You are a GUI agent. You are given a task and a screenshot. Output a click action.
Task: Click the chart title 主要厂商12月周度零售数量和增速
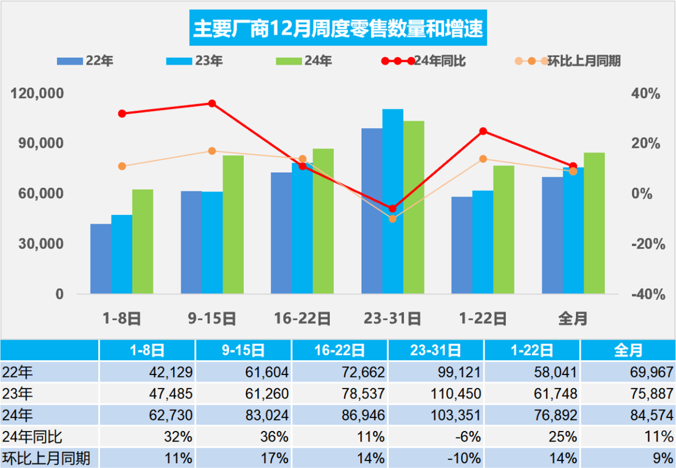338,29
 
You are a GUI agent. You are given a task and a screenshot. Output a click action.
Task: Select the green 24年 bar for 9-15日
233,224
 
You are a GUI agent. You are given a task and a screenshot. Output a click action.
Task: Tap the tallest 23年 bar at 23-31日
392,201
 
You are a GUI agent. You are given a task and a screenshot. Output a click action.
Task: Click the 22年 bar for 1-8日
100,259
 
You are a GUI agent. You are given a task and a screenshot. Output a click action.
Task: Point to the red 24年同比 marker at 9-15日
212,104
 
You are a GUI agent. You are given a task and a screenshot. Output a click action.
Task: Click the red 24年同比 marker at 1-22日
483,131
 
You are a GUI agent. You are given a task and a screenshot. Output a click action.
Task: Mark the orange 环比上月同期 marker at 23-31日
392,219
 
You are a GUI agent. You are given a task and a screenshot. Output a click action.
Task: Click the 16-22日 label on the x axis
302,319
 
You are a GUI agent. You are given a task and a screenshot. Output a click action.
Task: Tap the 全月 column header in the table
627,350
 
